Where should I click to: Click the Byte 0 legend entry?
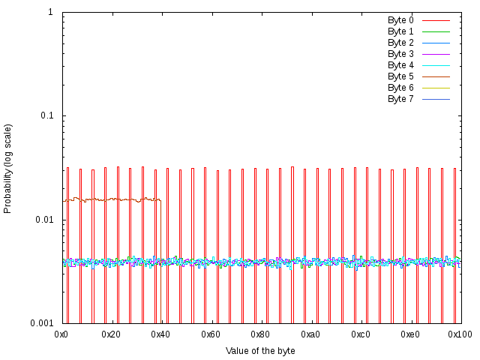click(x=400, y=20)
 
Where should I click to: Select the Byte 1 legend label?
click(x=400, y=31)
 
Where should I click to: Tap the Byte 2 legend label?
click(x=400, y=43)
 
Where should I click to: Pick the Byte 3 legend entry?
click(x=400, y=54)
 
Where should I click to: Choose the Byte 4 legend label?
click(x=400, y=65)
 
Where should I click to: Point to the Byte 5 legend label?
click(x=400, y=76)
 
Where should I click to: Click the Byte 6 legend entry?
click(x=400, y=88)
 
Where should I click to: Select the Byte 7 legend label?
click(x=400, y=99)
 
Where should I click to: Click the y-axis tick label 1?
click(x=49, y=12)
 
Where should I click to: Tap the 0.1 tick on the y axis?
click(x=46, y=115)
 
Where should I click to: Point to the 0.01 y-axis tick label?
click(x=43, y=220)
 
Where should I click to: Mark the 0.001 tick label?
click(x=41, y=323)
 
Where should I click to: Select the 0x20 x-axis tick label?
click(x=111, y=334)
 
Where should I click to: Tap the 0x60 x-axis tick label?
click(x=211, y=334)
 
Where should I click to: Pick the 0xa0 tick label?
click(x=310, y=334)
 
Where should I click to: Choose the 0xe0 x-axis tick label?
click(x=410, y=334)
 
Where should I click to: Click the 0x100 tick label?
click(x=460, y=334)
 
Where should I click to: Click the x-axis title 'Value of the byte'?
click(x=260, y=350)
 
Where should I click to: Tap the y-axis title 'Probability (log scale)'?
click(x=8, y=168)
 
